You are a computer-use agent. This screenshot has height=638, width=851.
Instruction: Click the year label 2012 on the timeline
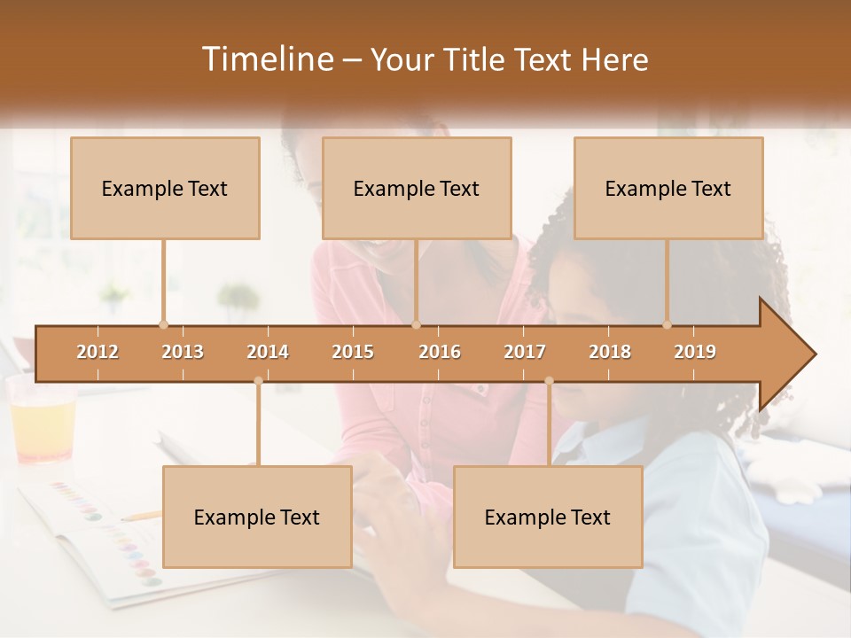[98, 352]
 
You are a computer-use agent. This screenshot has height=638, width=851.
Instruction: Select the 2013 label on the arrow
[183, 352]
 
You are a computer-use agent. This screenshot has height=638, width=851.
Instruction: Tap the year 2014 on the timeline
[268, 352]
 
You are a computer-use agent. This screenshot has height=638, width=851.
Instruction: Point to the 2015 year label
[353, 352]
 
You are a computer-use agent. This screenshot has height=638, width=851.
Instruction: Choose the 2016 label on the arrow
[440, 352]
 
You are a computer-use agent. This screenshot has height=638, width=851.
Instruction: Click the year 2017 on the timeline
[525, 352]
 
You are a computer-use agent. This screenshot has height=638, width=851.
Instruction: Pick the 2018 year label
[610, 352]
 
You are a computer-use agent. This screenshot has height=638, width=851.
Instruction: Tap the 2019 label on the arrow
[695, 352]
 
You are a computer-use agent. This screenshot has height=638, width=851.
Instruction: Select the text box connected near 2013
[165, 188]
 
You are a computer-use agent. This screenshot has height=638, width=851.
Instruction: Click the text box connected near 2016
[417, 188]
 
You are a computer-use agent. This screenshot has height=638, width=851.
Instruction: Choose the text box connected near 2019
[668, 188]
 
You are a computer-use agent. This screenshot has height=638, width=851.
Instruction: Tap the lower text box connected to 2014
[257, 517]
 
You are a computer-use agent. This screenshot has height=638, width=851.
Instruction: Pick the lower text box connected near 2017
[548, 517]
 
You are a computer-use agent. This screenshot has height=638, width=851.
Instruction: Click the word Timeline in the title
[266, 59]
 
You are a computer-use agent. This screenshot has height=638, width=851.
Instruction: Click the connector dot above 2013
[163, 324]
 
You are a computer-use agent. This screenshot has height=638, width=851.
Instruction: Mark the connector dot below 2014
[258, 381]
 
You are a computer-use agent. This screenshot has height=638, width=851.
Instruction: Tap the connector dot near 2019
[667, 324]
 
